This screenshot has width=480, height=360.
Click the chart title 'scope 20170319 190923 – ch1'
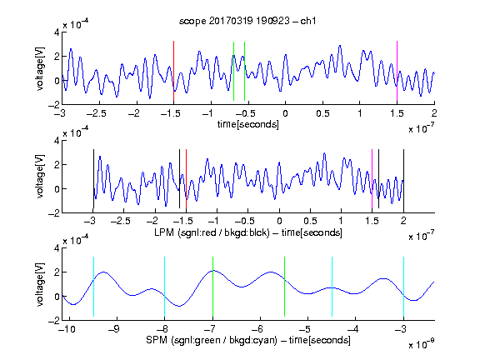point(247,21)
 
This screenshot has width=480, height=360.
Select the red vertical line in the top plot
point(173,71)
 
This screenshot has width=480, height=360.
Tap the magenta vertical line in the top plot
point(397,71)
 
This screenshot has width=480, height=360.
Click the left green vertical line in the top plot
point(233,71)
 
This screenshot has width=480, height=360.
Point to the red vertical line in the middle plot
point(186,179)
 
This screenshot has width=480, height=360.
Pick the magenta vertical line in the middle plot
point(372,179)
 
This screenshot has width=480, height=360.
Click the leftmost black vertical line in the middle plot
point(93,179)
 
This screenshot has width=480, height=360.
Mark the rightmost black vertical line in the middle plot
point(403,181)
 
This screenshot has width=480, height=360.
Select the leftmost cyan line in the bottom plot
point(93,287)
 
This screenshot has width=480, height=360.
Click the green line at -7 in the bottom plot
point(212,287)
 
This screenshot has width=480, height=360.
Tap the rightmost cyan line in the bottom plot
point(403,287)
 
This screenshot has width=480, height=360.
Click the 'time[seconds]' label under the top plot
point(248,124)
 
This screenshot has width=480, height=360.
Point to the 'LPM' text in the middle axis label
point(164,232)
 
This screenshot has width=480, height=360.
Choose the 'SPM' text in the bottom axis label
point(157,340)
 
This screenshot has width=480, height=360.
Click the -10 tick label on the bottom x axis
point(67,329)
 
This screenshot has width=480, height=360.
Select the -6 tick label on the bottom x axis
point(258,329)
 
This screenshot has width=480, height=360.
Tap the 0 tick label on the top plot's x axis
point(285,113)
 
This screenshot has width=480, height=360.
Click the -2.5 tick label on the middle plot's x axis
point(121,221)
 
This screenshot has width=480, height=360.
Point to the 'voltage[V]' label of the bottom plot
point(40,284)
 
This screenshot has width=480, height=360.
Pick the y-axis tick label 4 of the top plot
point(57,32)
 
